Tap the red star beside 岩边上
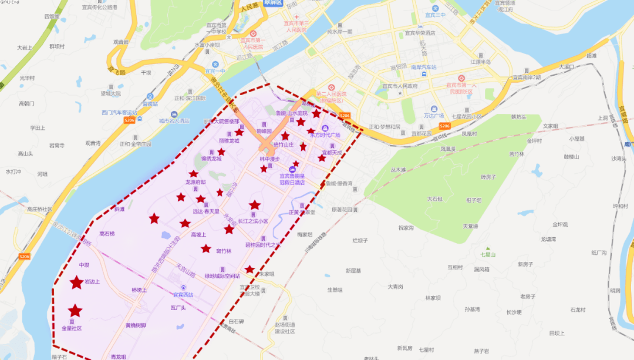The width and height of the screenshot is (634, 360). tap(76, 282)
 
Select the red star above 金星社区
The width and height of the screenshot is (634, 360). tap(75, 311)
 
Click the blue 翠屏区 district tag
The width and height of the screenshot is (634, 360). tap(272, 3)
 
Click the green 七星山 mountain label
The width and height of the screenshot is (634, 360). tap(488, 254)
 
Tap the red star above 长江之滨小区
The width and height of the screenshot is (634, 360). tap(255, 205)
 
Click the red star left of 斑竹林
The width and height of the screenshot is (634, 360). tap(205, 249)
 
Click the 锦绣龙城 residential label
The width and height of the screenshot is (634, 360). tap(211, 158)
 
